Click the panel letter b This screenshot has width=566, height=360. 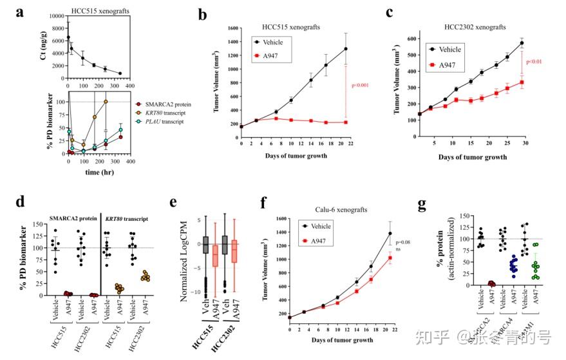(x=203, y=14)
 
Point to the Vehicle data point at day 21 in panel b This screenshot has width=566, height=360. (x=345, y=48)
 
